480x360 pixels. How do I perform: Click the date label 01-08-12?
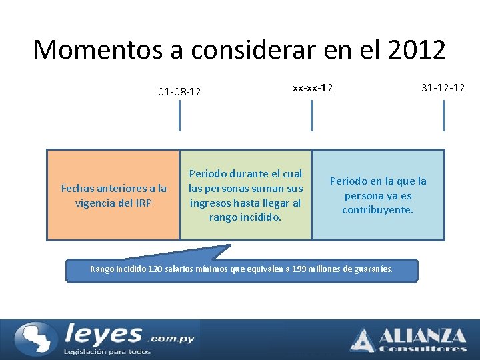pyautogui.click(x=179, y=91)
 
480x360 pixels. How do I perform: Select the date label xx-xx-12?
pyautogui.click(x=313, y=87)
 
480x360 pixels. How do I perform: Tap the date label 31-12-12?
pyautogui.click(x=443, y=87)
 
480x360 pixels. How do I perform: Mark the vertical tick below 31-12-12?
pyautogui.click(x=443, y=115)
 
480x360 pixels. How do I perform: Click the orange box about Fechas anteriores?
pyautogui.click(x=113, y=195)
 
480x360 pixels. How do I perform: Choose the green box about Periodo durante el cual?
pyautogui.click(x=245, y=195)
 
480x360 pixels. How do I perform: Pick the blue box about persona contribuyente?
pyautogui.click(x=377, y=195)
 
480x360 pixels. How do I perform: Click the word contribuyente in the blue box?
pyautogui.click(x=377, y=210)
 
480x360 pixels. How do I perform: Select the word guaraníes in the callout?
pyautogui.click(x=372, y=269)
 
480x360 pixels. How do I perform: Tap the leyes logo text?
pyautogui.click(x=103, y=333)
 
